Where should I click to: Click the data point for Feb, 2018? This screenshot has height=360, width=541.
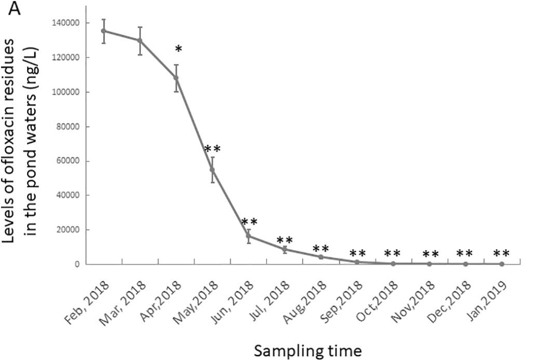pyautogui.click(x=104, y=31)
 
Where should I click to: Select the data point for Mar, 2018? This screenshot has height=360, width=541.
pyautogui.click(x=140, y=40)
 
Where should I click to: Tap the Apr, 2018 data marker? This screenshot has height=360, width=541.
pyautogui.click(x=176, y=78)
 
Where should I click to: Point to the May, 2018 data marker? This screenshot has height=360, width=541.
pyautogui.click(x=212, y=170)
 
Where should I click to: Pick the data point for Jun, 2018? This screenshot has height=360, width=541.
pyautogui.click(x=249, y=236)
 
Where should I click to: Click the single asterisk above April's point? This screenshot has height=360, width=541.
pyautogui.click(x=178, y=50)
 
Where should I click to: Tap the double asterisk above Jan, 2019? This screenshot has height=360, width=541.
pyautogui.click(x=501, y=254)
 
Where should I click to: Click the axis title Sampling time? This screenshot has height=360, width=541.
pyautogui.click(x=307, y=351)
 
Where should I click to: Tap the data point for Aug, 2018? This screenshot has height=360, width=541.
pyautogui.click(x=321, y=257)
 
